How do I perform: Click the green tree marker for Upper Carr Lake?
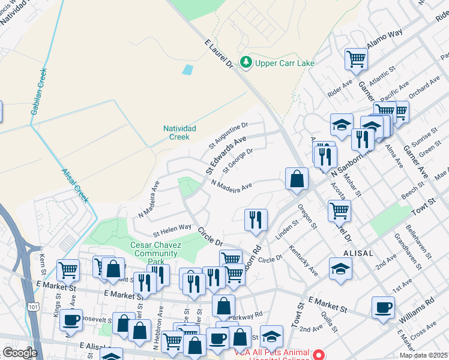[x=246, y=62]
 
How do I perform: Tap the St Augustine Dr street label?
[x=229, y=134]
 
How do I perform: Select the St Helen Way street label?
[x=172, y=229]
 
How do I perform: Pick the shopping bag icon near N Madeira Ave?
[x=297, y=179]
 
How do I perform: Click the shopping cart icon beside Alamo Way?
[x=356, y=59]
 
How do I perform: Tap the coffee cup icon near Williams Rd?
[x=383, y=308]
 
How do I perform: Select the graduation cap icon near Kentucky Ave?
[x=340, y=270]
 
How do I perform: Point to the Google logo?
[x=20, y=353]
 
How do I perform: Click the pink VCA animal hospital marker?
[x=320, y=353]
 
